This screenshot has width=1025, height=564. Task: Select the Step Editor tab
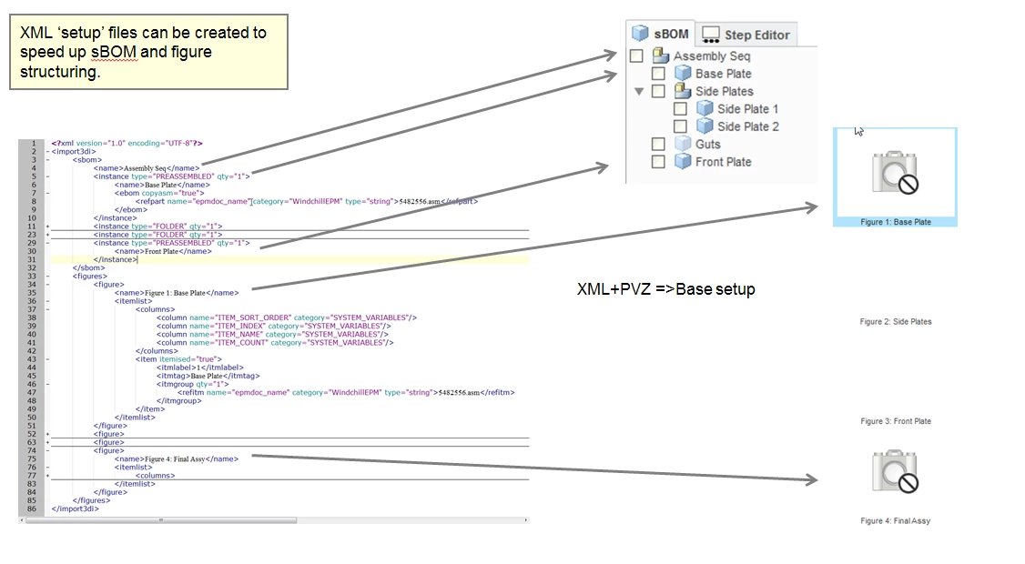click(746, 35)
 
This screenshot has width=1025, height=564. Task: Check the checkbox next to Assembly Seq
click(637, 56)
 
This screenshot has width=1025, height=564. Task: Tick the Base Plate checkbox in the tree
click(658, 74)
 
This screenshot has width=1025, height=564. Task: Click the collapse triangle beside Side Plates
click(639, 91)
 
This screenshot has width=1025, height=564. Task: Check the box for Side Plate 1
click(680, 109)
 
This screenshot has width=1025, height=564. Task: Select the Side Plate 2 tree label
click(747, 126)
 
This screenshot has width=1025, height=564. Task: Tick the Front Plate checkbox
click(658, 162)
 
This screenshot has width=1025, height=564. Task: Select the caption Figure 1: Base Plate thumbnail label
click(895, 222)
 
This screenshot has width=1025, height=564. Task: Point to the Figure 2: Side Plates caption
click(896, 322)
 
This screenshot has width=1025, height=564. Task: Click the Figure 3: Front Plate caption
click(896, 421)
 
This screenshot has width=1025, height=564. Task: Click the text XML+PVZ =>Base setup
click(665, 289)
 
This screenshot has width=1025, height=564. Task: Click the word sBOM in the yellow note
click(114, 52)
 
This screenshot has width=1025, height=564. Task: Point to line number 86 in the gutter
click(32, 509)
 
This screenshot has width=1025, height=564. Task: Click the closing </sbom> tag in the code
click(89, 267)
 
